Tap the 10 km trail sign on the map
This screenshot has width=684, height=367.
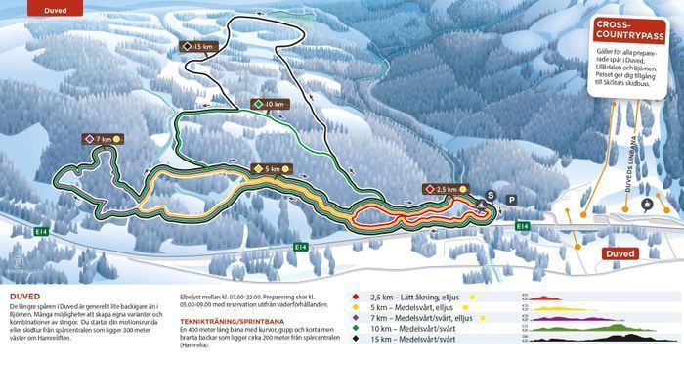(x=271, y=104)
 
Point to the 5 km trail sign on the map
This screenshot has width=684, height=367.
(x=273, y=168)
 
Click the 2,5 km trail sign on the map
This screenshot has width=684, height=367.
(x=443, y=188)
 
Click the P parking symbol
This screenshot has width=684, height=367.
(x=511, y=199)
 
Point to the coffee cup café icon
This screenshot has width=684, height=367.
(x=646, y=204)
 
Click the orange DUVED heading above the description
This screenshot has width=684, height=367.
(x=24, y=294)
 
